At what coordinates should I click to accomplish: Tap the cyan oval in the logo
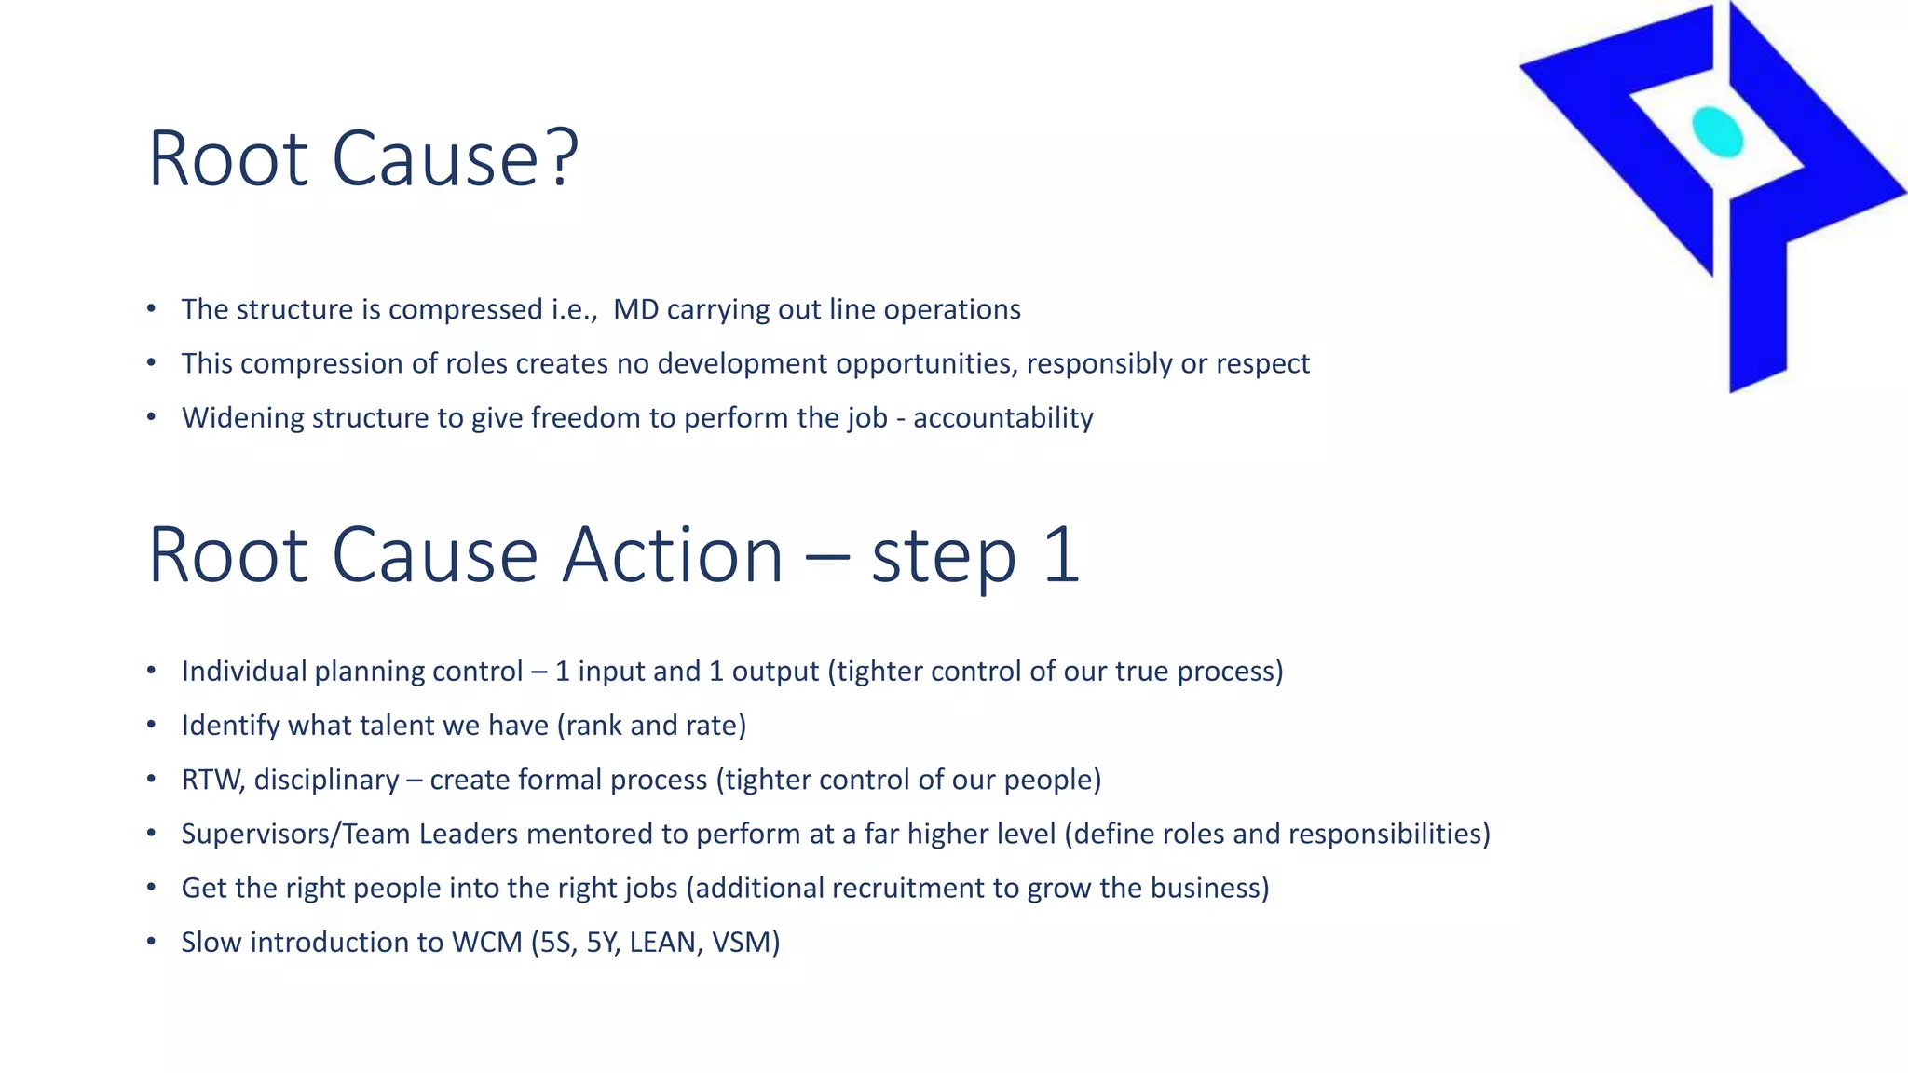click(x=1717, y=132)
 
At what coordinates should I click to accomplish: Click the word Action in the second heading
click(x=673, y=555)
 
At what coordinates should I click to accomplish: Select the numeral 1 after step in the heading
click(x=1061, y=555)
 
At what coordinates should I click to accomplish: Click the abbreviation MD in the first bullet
click(x=635, y=309)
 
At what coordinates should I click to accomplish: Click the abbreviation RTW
click(x=211, y=780)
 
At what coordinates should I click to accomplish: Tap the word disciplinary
click(x=326, y=780)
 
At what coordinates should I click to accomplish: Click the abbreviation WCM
click(x=486, y=943)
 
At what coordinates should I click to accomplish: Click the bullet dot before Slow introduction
click(x=152, y=943)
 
